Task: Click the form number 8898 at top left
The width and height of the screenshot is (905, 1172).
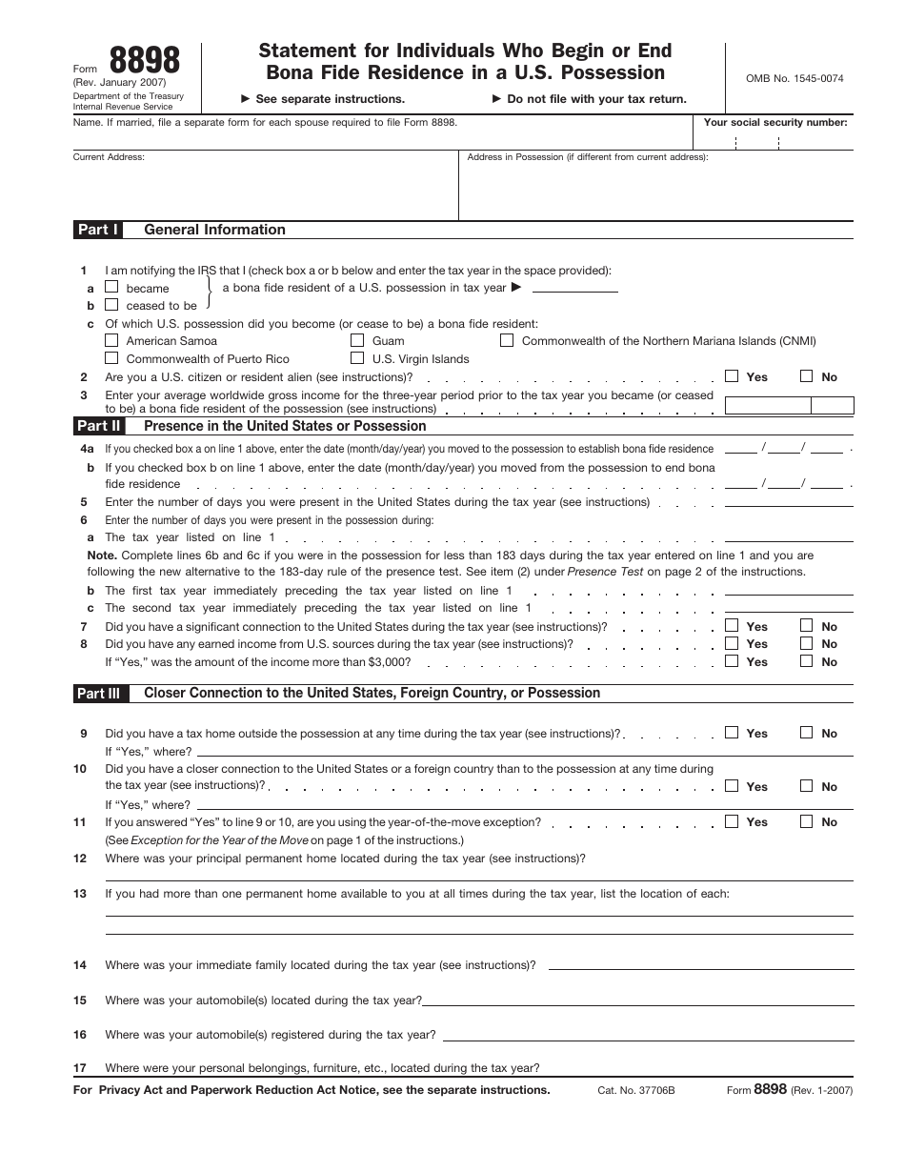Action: click(145, 61)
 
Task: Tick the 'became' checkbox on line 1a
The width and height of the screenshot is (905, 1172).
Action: click(111, 287)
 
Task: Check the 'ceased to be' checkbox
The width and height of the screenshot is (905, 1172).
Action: click(111, 305)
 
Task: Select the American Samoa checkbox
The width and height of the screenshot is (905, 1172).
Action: click(111, 340)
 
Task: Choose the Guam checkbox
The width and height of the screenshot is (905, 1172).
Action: click(357, 340)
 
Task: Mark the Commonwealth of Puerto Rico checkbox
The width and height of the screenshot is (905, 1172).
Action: click(111, 358)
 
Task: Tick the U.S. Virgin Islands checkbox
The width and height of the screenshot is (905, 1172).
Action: click(357, 358)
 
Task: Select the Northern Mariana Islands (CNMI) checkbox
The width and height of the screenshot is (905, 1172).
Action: click(507, 340)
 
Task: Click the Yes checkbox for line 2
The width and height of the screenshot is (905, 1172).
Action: click(732, 376)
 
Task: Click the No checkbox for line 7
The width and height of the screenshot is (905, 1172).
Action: click(807, 626)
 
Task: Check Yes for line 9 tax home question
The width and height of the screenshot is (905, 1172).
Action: click(732, 733)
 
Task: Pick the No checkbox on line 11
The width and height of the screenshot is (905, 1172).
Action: click(807, 821)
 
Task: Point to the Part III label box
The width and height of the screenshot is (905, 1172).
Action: click(99, 694)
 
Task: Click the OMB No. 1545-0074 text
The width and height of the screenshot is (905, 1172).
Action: click(788, 79)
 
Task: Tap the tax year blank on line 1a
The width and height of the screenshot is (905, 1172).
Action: click(574, 288)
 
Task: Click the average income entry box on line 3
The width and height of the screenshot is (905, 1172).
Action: click(768, 405)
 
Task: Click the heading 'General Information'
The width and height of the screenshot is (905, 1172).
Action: click(214, 230)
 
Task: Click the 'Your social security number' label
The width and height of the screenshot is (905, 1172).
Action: click(774, 122)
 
